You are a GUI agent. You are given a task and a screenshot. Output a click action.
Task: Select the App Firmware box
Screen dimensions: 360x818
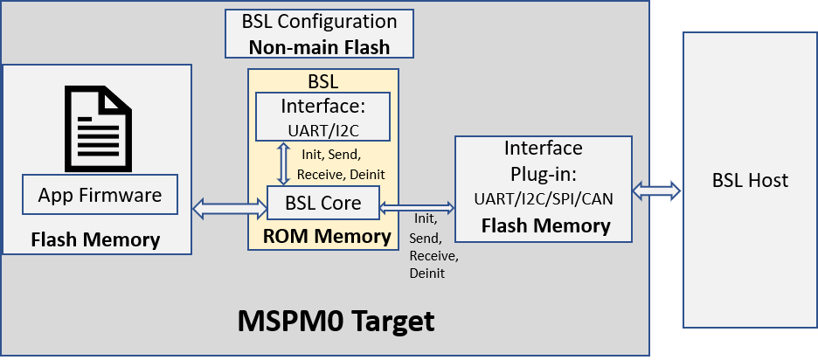point(100,195)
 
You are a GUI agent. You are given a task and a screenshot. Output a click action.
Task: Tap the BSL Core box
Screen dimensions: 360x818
point(322,206)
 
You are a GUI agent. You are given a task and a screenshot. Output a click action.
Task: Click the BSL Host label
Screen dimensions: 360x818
point(750,181)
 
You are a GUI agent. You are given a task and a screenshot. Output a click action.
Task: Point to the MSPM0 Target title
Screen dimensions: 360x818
point(336,321)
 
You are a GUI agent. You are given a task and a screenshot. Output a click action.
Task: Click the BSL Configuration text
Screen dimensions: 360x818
point(318,21)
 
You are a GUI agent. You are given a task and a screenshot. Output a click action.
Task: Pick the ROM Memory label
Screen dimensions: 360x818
point(328,236)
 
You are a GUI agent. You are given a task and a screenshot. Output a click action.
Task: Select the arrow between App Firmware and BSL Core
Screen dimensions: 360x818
point(229,207)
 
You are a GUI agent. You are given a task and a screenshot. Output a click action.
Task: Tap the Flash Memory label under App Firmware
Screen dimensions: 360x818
point(95,239)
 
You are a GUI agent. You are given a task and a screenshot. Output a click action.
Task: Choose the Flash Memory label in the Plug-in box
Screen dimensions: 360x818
point(545,226)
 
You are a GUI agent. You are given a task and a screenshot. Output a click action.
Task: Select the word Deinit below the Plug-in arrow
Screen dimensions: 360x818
point(426,274)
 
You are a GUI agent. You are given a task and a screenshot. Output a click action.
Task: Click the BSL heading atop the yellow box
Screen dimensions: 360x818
point(322,82)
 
